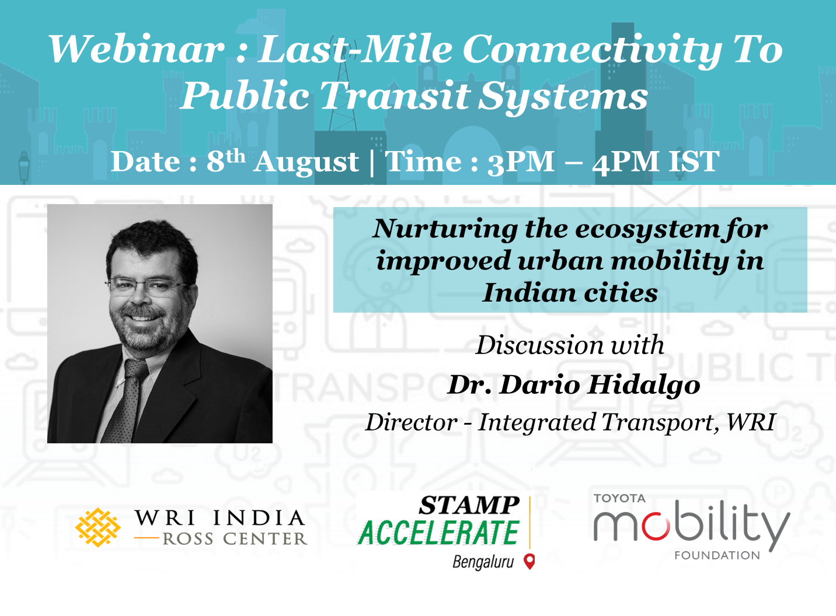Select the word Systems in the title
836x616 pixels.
[563, 96]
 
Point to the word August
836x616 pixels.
[306, 163]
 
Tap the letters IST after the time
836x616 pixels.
[694, 162]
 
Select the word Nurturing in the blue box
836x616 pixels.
[444, 229]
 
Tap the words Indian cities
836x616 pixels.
[570, 293]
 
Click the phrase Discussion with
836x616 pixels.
[570, 345]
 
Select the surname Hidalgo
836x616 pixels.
[643, 385]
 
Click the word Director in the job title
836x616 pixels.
[411, 422]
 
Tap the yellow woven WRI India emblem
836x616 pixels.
[97, 527]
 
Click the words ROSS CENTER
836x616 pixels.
[235, 539]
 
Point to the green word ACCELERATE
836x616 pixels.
[439, 533]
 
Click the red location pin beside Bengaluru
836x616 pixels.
[530, 562]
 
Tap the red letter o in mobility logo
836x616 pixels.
[656, 526]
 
